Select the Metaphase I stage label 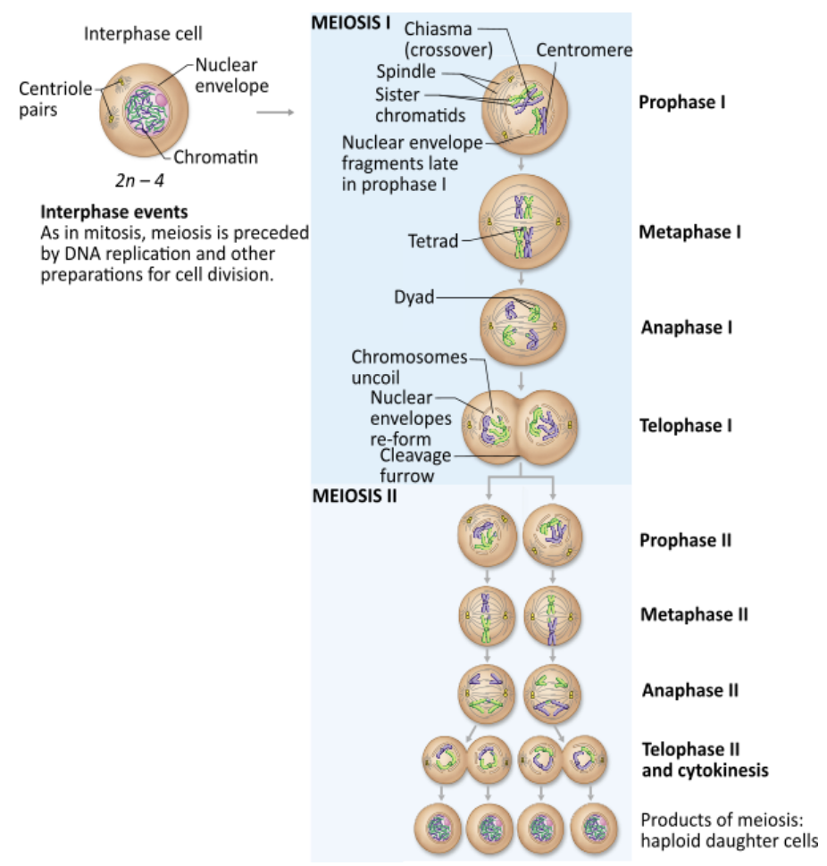(x=690, y=232)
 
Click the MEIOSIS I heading (x=351, y=22)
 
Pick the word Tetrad (x=433, y=240)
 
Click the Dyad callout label (x=413, y=297)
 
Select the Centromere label (x=584, y=50)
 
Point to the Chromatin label (x=215, y=157)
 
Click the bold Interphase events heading (x=114, y=212)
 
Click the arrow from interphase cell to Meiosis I (x=275, y=112)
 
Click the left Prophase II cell (x=487, y=537)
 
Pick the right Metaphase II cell (x=552, y=614)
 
